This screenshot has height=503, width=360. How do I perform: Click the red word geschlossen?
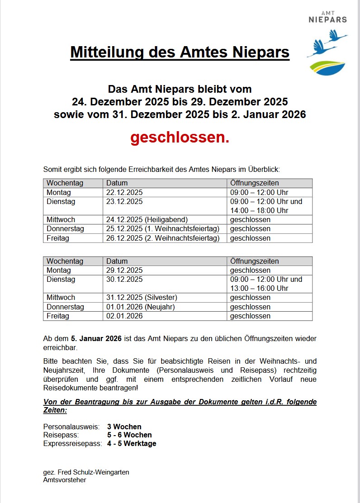180,138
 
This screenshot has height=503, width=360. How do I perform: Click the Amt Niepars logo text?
327,18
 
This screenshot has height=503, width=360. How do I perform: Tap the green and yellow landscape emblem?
327,67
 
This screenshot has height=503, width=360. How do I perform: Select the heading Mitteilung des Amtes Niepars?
180,52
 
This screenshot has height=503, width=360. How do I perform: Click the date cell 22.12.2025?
124,192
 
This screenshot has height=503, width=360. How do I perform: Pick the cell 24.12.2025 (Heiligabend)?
147,220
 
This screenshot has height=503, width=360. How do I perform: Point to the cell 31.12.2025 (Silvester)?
142,298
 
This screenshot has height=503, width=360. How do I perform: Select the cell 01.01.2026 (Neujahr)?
140,307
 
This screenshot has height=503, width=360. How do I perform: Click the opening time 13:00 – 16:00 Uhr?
259,289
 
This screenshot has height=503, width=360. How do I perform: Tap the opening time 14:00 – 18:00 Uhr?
259,211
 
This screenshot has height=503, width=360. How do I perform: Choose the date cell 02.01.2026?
124,316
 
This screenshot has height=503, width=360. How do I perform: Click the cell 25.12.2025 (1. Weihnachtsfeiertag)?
163,229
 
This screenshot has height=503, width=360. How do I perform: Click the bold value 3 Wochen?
124,427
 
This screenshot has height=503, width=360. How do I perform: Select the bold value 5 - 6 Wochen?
129,435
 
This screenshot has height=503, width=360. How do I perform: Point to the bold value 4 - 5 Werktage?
132,444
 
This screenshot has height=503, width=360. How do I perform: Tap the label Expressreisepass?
72,444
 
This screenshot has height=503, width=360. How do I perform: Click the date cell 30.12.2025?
124,280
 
